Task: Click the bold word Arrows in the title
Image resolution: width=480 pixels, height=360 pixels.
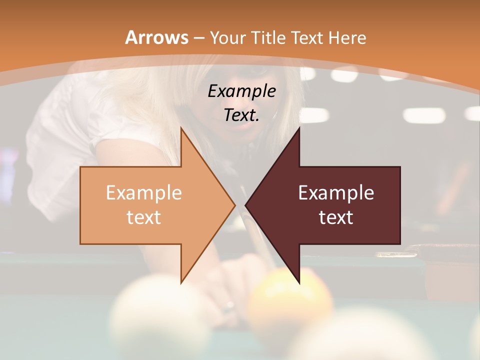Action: tap(156, 37)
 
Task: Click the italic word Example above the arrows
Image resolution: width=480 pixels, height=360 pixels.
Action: tap(241, 91)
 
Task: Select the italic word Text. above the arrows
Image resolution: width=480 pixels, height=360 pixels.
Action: tap(241, 115)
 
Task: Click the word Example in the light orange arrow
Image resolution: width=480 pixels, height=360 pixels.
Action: tap(143, 193)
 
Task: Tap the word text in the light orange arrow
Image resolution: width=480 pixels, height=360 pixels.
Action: tap(143, 217)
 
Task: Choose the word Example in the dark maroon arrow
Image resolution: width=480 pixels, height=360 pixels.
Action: tap(336, 193)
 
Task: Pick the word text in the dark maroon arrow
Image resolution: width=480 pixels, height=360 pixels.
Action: tap(336, 217)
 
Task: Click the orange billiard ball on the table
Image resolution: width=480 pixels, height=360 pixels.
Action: tap(290, 300)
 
